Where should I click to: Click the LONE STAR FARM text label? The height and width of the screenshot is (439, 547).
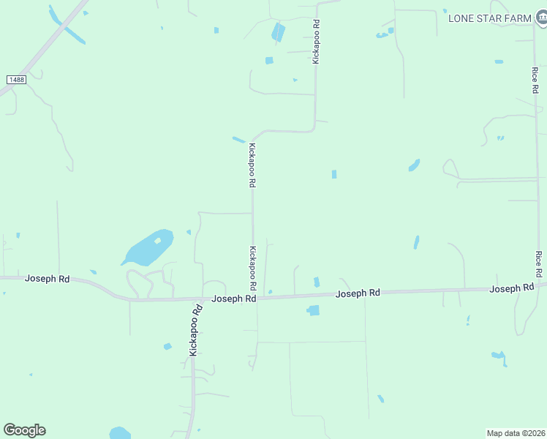pyautogui.click(x=488, y=18)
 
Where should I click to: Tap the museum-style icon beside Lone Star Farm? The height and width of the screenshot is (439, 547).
pyautogui.click(x=541, y=17)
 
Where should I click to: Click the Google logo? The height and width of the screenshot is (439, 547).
pyautogui.click(x=24, y=429)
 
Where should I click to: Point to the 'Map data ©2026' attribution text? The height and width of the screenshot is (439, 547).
pyautogui.click(x=516, y=432)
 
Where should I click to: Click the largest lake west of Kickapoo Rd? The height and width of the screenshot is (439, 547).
pyautogui.click(x=148, y=248)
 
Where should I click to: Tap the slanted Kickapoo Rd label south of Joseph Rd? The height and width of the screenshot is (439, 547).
pyautogui.click(x=195, y=330)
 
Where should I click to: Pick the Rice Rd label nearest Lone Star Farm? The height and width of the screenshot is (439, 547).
pyautogui.click(x=535, y=80)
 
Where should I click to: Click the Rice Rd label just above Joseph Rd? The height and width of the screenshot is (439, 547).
pyautogui.click(x=538, y=264)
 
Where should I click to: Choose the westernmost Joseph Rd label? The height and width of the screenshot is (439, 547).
pyautogui.click(x=47, y=279)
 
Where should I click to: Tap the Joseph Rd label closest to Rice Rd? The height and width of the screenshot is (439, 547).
pyautogui.click(x=511, y=289)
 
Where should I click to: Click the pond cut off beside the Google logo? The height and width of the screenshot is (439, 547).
pyautogui.click(x=120, y=433)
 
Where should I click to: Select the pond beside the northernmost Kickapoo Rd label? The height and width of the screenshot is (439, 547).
pyautogui.click(x=279, y=31)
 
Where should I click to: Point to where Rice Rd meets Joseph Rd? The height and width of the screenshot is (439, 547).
pyautogui.click(x=540, y=288)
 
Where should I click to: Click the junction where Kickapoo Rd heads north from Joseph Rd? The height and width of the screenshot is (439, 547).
pyautogui.click(x=254, y=297)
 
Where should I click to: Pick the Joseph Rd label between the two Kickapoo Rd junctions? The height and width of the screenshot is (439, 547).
pyautogui.click(x=233, y=299)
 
